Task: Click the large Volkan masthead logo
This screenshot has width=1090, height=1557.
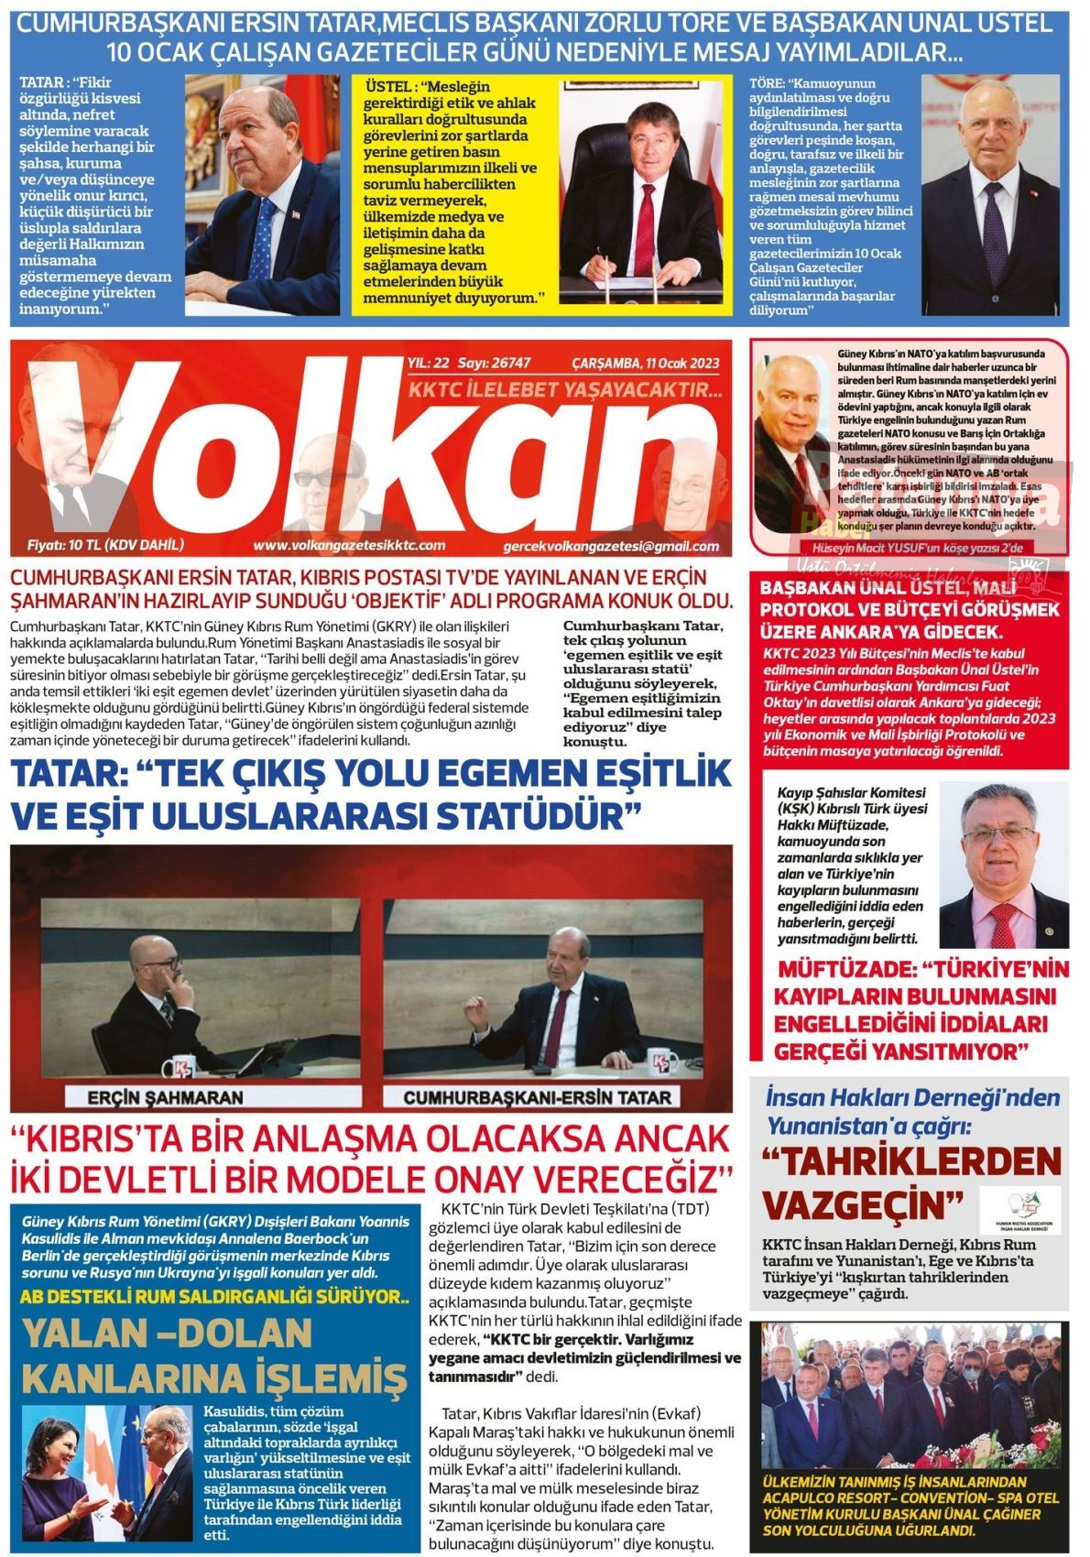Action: (x=366, y=449)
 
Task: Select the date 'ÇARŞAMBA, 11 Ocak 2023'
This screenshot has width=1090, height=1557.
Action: (x=645, y=363)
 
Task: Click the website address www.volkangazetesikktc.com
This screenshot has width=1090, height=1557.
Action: (x=349, y=545)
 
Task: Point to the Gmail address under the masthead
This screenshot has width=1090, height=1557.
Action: (x=611, y=546)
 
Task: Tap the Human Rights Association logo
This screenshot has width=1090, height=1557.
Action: (x=1019, y=1210)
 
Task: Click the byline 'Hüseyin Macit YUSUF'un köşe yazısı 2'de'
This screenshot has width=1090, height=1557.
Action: (x=933, y=547)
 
